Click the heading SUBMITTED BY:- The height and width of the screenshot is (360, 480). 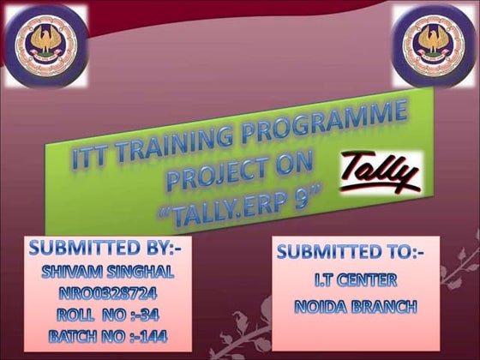point(111,249)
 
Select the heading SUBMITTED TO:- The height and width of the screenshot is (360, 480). point(356,253)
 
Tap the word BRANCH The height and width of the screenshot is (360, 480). point(386,305)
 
